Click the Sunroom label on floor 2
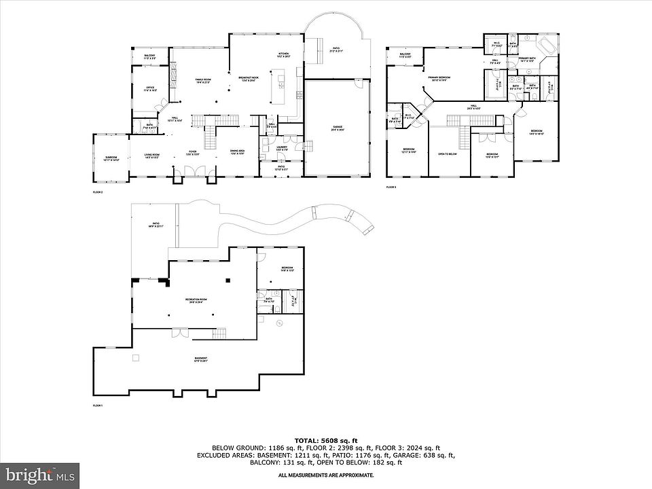pos(112,159)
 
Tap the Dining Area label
pos(238,152)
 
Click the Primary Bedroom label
pos(439,79)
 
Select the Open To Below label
pos(447,154)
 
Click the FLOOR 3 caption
pos(391,187)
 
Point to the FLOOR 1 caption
pos(97,405)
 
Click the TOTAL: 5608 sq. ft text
pos(325,439)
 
